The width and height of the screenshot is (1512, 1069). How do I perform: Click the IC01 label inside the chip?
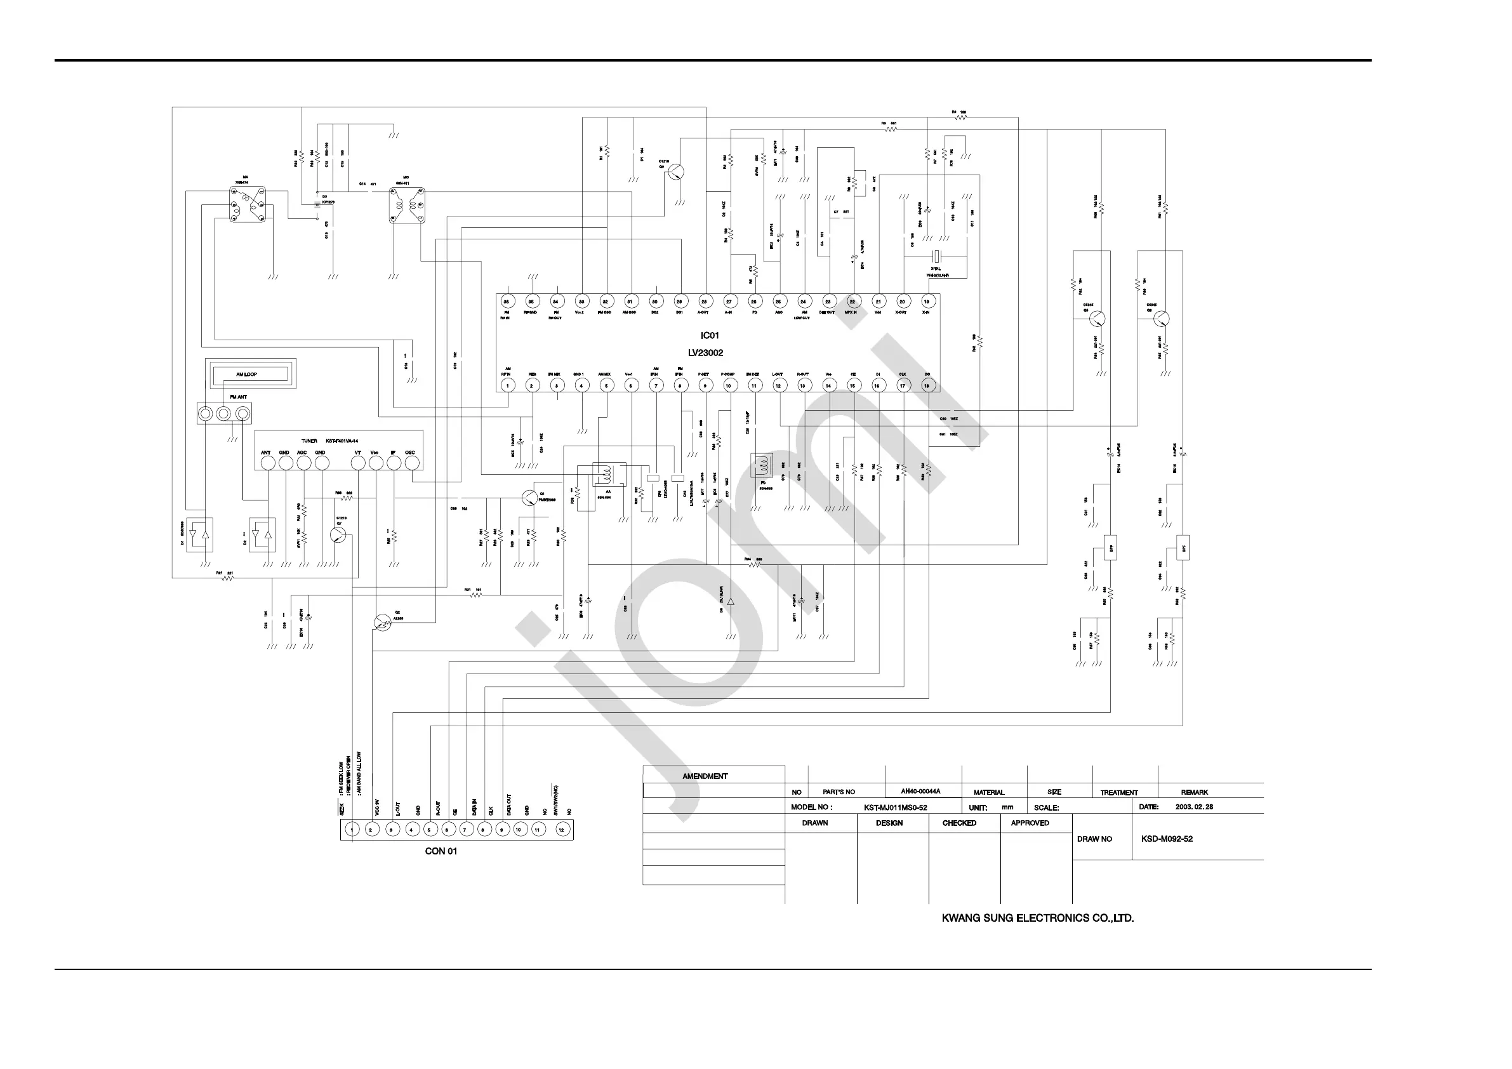click(709, 336)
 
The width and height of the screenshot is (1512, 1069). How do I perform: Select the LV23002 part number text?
click(705, 353)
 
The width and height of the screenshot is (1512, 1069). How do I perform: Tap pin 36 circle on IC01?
click(507, 302)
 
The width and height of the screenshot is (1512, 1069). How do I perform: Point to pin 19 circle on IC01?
click(927, 302)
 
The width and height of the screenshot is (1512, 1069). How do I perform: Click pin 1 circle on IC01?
click(508, 386)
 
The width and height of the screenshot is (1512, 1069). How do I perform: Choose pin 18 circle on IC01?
click(927, 386)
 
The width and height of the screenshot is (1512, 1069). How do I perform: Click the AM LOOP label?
click(246, 375)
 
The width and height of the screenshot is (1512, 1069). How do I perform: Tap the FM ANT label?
click(239, 397)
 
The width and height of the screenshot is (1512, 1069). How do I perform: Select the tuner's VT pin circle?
click(357, 463)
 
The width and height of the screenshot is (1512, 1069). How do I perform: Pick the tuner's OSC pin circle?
click(411, 463)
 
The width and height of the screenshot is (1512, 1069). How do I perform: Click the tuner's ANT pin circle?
click(267, 463)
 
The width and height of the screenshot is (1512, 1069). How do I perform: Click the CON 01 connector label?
click(441, 852)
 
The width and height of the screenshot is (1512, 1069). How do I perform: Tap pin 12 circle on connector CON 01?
click(561, 830)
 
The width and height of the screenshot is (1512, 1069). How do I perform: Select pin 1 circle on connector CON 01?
click(352, 830)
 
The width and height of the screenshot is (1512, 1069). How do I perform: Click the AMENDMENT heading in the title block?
click(705, 776)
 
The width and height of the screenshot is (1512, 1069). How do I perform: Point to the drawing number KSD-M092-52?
click(1166, 839)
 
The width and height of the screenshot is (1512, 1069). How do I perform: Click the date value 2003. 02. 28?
click(1194, 807)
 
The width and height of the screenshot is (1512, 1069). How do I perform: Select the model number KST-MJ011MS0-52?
click(895, 807)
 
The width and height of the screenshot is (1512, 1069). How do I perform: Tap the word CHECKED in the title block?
click(959, 823)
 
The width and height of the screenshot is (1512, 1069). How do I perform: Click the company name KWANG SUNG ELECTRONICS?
click(1037, 918)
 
